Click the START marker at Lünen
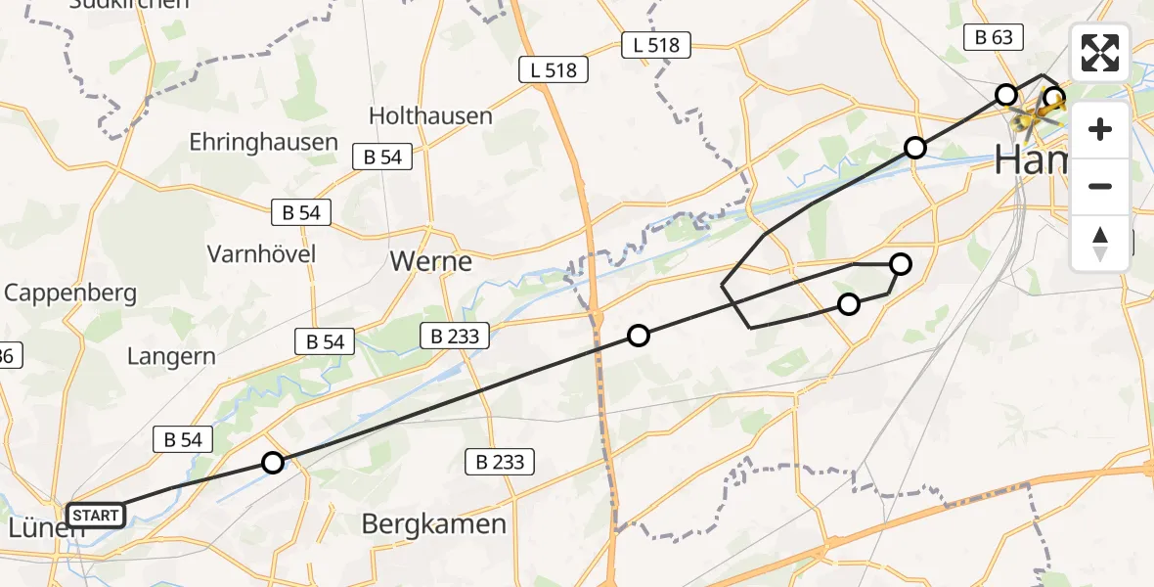pyautogui.click(x=96, y=515)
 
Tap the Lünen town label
pyautogui.click(x=41, y=529)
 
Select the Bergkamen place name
pyautogui.click(x=434, y=523)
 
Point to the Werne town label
pyautogui.click(x=430, y=262)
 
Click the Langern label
pyautogui.click(x=171, y=356)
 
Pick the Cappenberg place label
pyautogui.click(x=70, y=293)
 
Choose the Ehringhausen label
pyautogui.click(x=263, y=142)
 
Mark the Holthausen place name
pyautogui.click(x=430, y=115)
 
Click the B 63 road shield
pyautogui.click(x=994, y=38)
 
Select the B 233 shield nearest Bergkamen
pyautogui.click(x=499, y=462)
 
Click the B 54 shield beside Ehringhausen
pyautogui.click(x=382, y=157)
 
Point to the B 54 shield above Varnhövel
pyautogui.click(x=301, y=211)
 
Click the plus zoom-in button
pyautogui.click(x=1100, y=129)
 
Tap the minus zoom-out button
pyautogui.click(x=1100, y=186)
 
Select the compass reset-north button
pyautogui.click(x=1100, y=243)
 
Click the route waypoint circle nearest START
pyautogui.click(x=273, y=463)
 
